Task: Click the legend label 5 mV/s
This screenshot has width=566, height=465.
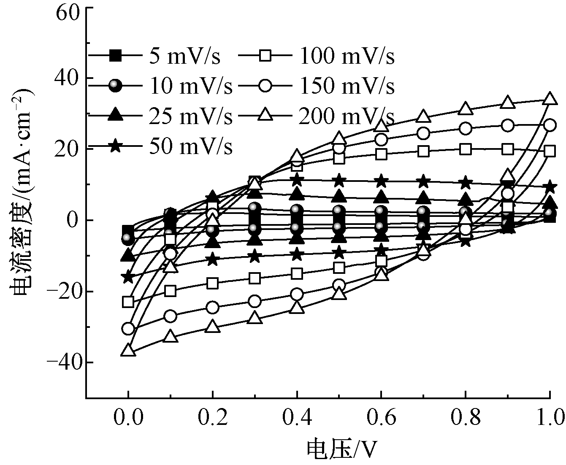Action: [x=184, y=56]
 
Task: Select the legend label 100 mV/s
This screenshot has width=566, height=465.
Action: [x=347, y=56]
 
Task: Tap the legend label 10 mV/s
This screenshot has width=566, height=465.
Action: [x=190, y=87]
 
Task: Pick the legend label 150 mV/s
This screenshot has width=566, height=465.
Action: [x=347, y=87]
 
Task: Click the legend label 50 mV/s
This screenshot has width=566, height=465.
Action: [x=190, y=147]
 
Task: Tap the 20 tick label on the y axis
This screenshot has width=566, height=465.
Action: [x=68, y=149]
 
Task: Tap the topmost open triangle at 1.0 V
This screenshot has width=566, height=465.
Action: [x=550, y=99]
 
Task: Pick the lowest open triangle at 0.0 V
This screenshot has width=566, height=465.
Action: [x=128, y=350]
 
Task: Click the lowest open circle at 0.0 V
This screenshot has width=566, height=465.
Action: [x=128, y=328]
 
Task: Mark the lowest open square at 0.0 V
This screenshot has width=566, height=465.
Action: [x=128, y=302]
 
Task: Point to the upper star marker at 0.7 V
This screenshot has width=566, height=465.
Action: [x=423, y=182]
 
